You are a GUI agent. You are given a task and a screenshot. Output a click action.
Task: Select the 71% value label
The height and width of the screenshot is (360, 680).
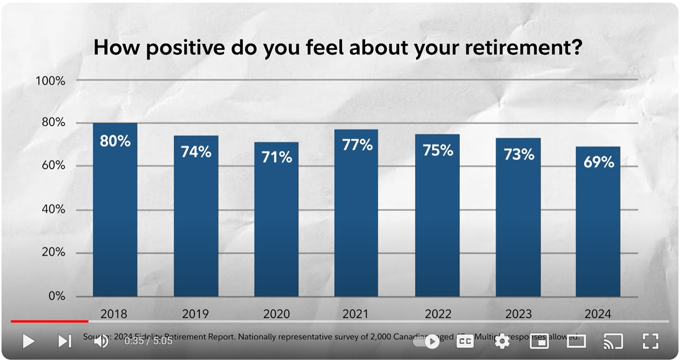click(276, 157)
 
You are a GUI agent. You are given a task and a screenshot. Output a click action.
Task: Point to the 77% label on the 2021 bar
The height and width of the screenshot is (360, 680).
click(357, 145)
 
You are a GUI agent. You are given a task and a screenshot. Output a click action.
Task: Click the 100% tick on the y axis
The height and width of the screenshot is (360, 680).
click(50, 81)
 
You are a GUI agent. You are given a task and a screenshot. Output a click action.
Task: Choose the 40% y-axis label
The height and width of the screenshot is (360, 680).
click(53, 209)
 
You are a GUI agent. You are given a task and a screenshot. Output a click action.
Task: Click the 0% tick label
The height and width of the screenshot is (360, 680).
click(57, 296)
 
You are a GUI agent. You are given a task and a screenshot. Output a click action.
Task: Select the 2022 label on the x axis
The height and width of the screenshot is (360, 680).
click(438, 314)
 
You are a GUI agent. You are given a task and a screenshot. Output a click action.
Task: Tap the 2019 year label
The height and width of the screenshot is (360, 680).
click(195, 314)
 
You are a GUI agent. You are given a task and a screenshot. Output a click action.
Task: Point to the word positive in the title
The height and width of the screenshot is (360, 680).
click(185, 48)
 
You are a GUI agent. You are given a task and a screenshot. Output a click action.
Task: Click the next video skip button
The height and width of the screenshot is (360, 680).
click(65, 341)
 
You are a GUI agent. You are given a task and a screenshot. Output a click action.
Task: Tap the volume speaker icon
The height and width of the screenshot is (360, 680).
click(101, 341)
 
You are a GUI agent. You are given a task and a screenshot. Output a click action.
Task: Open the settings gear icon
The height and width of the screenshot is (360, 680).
click(502, 341)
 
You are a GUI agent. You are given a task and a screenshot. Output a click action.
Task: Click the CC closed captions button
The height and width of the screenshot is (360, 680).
click(465, 341)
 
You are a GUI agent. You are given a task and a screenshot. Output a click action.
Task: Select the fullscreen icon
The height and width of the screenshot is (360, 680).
click(650, 341)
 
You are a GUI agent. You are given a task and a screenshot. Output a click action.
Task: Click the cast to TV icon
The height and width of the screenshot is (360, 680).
click(613, 341)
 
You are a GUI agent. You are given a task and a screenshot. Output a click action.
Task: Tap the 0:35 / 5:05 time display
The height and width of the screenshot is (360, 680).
click(148, 341)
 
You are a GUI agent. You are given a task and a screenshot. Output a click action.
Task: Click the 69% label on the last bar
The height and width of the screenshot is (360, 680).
click(598, 162)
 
